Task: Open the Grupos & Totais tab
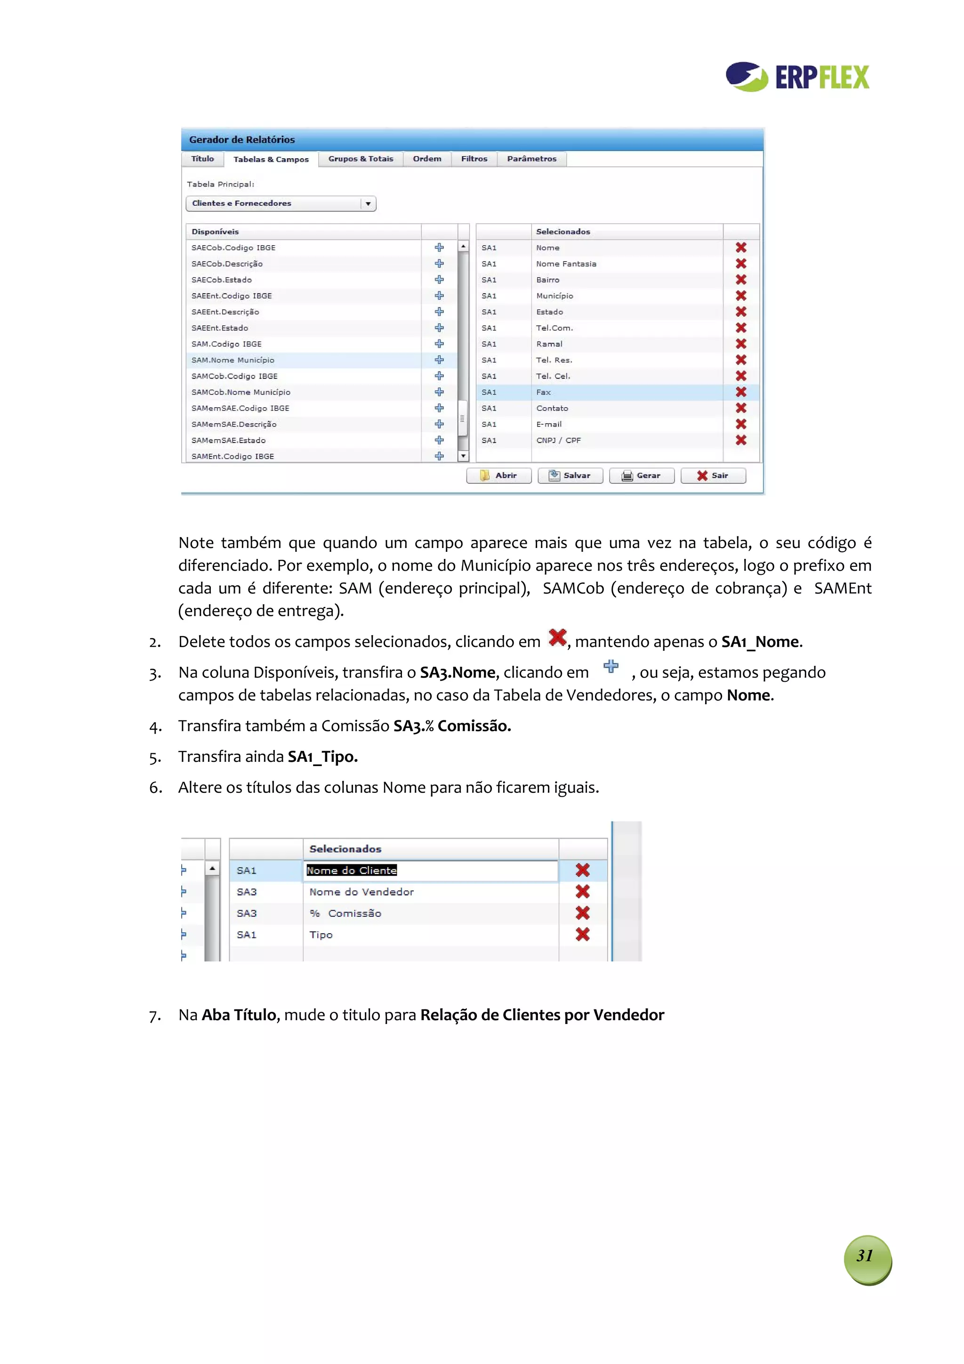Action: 361,159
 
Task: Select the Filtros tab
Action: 474,159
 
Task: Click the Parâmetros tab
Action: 531,159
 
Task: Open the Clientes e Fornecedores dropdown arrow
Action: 368,204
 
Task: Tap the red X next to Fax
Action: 741,392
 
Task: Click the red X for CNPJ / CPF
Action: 741,440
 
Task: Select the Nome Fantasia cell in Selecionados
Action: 566,264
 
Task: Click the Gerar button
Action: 642,475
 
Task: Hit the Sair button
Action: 713,475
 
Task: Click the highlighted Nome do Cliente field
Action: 352,870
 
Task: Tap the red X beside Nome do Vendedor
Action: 582,892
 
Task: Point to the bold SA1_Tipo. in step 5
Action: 322,757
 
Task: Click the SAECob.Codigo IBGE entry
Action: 233,248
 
